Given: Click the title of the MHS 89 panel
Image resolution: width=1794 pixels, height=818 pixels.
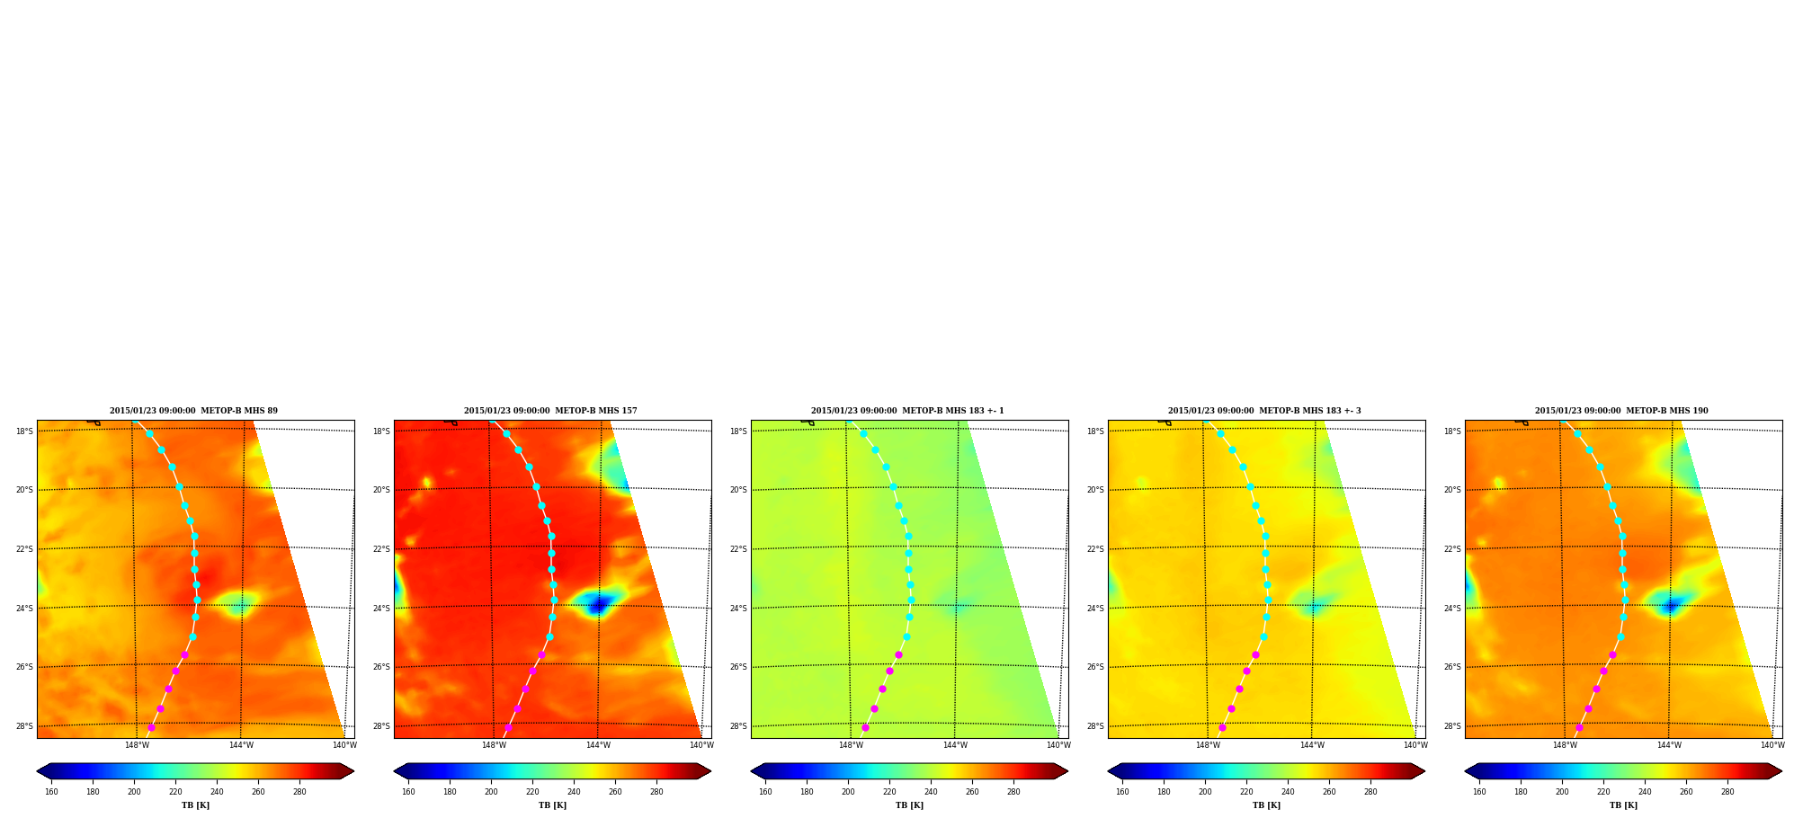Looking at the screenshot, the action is click(x=193, y=411).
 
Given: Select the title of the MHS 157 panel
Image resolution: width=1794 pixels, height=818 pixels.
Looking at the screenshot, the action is click(x=550, y=411).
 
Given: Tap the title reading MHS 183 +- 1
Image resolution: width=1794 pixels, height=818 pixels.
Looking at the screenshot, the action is click(x=907, y=411).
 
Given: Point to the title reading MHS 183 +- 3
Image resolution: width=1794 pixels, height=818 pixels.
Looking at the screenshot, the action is click(x=1264, y=411).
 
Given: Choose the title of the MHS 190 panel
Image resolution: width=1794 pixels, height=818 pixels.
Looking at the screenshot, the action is click(x=1621, y=411).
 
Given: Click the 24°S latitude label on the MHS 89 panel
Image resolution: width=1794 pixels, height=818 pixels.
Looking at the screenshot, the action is click(x=24, y=609).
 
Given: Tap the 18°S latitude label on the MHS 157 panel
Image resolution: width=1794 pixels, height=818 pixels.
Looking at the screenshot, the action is click(x=381, y=431).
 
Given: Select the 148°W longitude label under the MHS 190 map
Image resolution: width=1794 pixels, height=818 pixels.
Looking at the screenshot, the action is click(x=1565, y=745).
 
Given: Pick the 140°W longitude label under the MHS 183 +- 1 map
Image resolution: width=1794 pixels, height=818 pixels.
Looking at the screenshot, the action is click(x=1058, y=745).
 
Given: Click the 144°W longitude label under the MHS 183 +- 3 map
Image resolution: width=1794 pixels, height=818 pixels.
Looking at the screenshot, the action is click(x=1312, y=745).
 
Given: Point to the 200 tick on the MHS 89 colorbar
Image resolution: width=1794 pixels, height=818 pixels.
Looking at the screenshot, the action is click(x=134, y=792).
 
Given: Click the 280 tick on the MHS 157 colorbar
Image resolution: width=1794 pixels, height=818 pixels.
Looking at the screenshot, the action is click(x=656, y=792).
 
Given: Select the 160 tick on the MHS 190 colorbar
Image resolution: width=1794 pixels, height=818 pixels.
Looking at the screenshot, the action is click(x=1479, y=792).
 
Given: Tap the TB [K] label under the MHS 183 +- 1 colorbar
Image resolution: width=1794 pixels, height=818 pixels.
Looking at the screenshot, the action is click(x=909, y=805).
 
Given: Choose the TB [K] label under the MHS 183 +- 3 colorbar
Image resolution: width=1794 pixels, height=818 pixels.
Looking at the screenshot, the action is click(x=1266, y=805).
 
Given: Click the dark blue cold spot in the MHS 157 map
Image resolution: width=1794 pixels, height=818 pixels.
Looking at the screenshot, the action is click(x=597, y=606).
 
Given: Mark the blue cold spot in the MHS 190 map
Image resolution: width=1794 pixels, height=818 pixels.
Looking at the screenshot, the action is click(x=1671, y=606).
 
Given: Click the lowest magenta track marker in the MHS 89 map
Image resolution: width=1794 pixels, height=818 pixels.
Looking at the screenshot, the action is click(x=151, y=727).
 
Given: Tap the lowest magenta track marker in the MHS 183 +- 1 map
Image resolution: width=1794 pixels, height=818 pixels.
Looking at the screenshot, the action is click(x=865, y=727).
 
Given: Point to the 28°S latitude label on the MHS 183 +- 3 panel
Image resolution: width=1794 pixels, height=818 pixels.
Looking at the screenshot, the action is click(x=1095, y=726).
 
